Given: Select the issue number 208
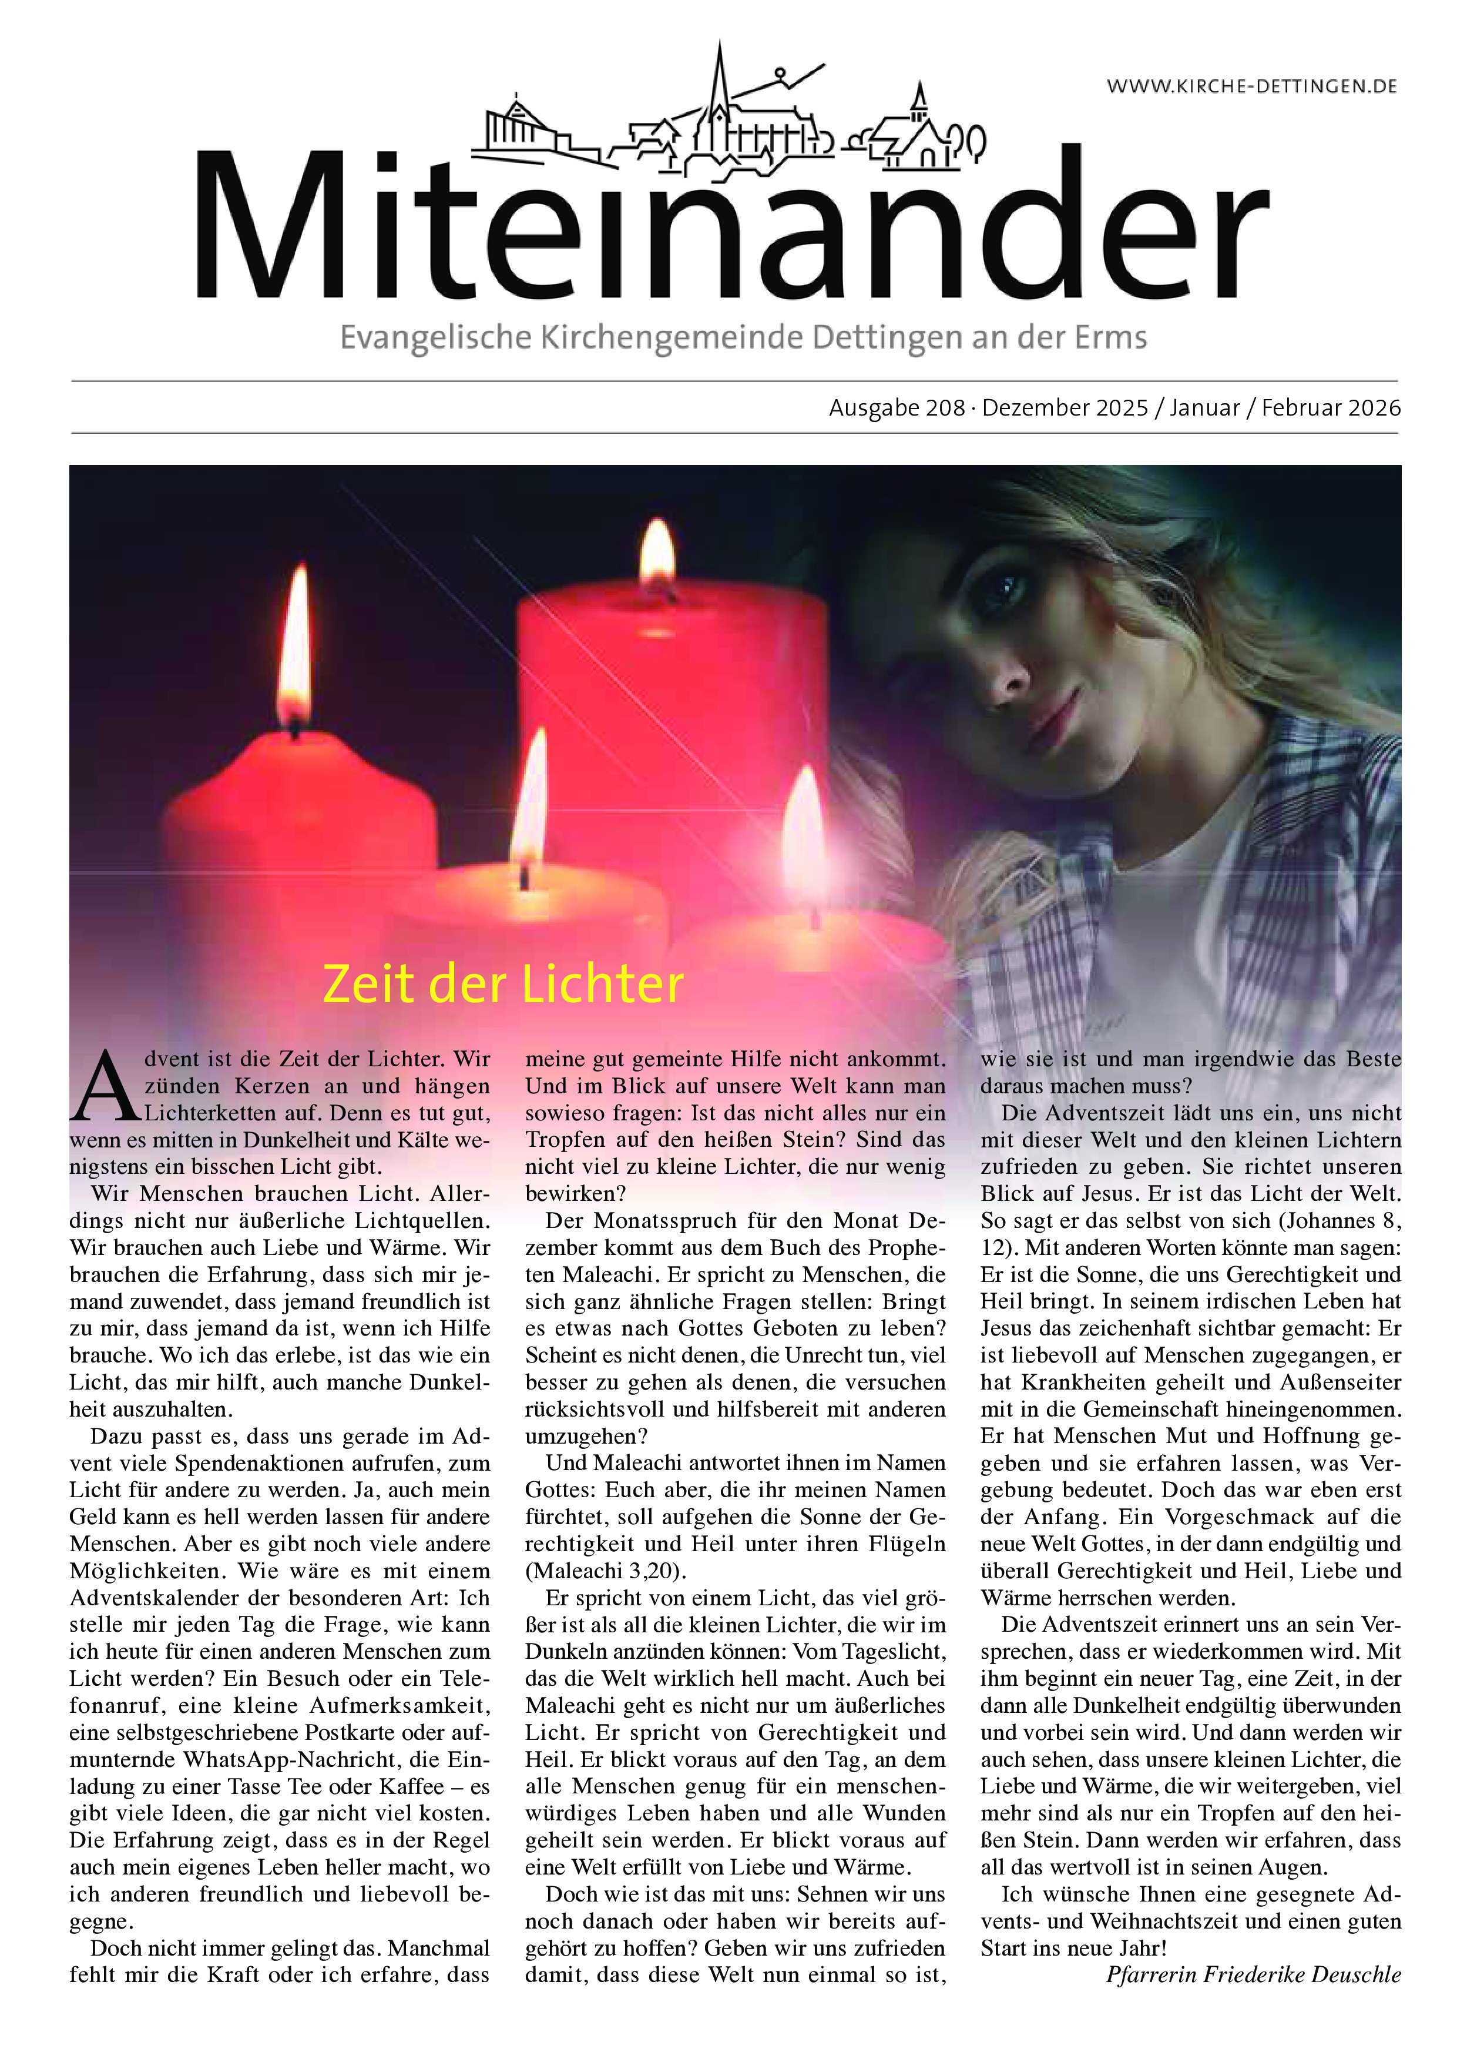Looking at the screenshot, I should [945, 408].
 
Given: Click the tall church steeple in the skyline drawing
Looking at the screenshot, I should [719, 85].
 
